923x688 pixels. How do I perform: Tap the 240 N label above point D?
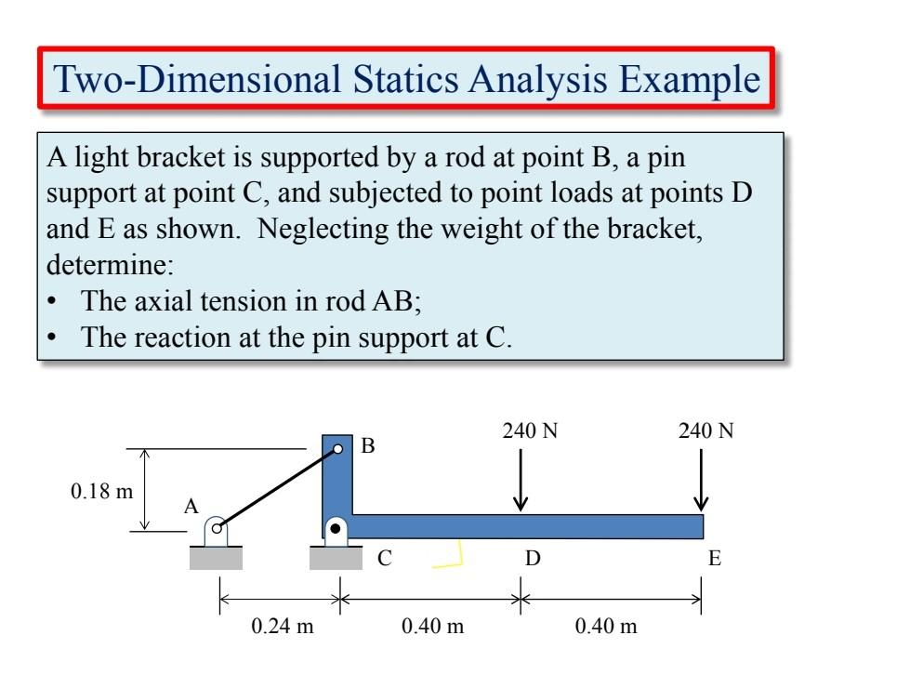(533, 431)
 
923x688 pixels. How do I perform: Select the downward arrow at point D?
(521, 480)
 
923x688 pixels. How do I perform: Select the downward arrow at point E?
(702, 480)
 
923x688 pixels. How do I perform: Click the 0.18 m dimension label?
(102, 491)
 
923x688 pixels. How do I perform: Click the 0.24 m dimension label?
(283, 626)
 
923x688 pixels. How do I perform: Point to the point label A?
(191, 507)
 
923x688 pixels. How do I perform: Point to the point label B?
(368, 446)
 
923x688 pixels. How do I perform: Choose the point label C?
(385, 560)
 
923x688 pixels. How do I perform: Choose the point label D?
(533, 560)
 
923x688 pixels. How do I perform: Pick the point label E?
(714, 560)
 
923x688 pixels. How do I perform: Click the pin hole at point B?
(338, 449)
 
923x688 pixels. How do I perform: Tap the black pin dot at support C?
(336, 529)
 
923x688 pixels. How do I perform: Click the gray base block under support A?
(216, 557)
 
